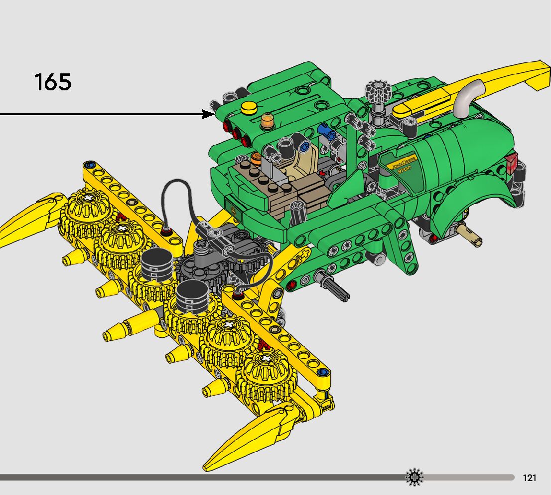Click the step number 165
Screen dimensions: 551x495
(53, 82)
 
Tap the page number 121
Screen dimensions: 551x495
(530, 478)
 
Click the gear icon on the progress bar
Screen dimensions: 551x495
(414, 478)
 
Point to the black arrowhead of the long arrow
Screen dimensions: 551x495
(208, 114)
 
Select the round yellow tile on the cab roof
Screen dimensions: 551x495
(249, 107)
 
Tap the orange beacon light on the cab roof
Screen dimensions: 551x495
(268, 121)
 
